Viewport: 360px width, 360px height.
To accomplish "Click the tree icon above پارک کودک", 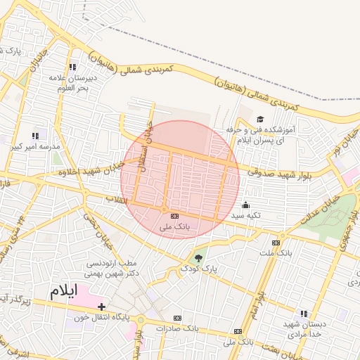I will [x=199, y=257].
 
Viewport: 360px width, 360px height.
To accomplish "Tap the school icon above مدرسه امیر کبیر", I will [x=35, y=136].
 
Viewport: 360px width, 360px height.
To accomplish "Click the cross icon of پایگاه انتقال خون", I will [x=103, y=307].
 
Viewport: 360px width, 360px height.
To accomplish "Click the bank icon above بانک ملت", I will [x=275, y=242].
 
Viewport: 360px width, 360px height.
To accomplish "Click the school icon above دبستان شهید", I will [x=303, y=314].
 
